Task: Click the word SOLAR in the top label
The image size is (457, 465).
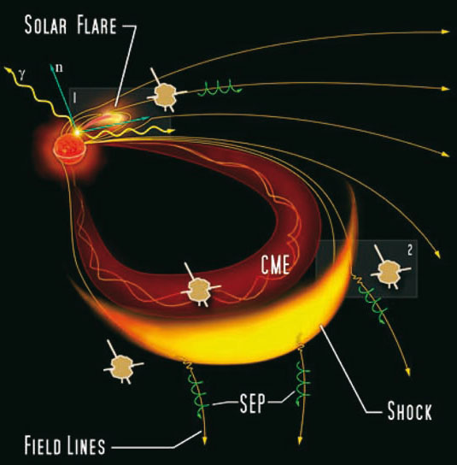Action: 45,25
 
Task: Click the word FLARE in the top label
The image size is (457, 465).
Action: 97,25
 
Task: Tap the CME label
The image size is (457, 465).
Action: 275,264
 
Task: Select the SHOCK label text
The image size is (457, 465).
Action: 409,411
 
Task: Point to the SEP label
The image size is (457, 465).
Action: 252,403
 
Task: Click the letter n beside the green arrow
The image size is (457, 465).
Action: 59,68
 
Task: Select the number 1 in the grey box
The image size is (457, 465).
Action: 74,97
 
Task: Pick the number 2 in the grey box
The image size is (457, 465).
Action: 410,250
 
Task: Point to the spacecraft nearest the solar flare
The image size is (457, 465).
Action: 167,94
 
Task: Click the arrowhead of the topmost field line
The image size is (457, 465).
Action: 445,32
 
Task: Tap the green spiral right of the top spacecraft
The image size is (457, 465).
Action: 220,88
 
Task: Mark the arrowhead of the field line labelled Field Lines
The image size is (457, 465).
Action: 204,440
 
